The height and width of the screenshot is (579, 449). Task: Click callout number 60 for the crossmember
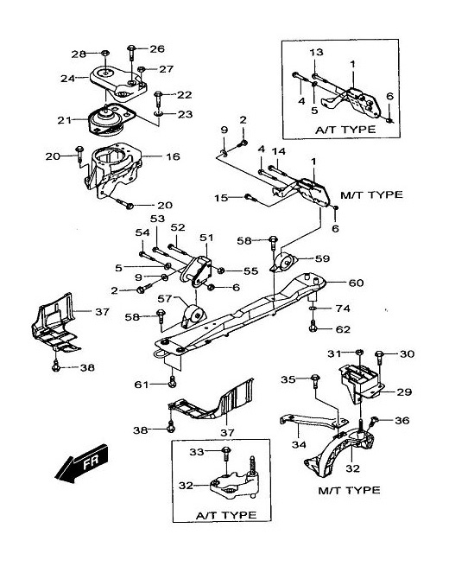[x=356, y=283]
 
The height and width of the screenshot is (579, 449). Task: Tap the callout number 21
[x=65, y=120]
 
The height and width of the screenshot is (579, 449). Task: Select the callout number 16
[x=173, y=156]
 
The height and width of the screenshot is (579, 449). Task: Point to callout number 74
[x=343, y=308]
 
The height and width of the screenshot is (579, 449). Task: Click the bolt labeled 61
[x=172, y=382]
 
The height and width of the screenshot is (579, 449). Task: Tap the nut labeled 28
[x=104, y=54]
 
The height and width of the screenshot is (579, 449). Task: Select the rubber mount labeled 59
[x=284, y=262]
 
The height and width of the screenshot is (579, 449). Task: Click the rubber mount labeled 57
[x=193, y=316]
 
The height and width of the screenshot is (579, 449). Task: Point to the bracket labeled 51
[x=197, y=271]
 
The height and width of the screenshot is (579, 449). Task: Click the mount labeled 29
[x=361, y=382]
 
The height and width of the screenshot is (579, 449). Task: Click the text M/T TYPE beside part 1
[x=371, y=194]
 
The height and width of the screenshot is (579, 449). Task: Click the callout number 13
[x=316, y=52]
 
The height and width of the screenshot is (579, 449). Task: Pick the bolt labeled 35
[x=315, y=381]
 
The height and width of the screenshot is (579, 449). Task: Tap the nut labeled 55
[x=221, y=270]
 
